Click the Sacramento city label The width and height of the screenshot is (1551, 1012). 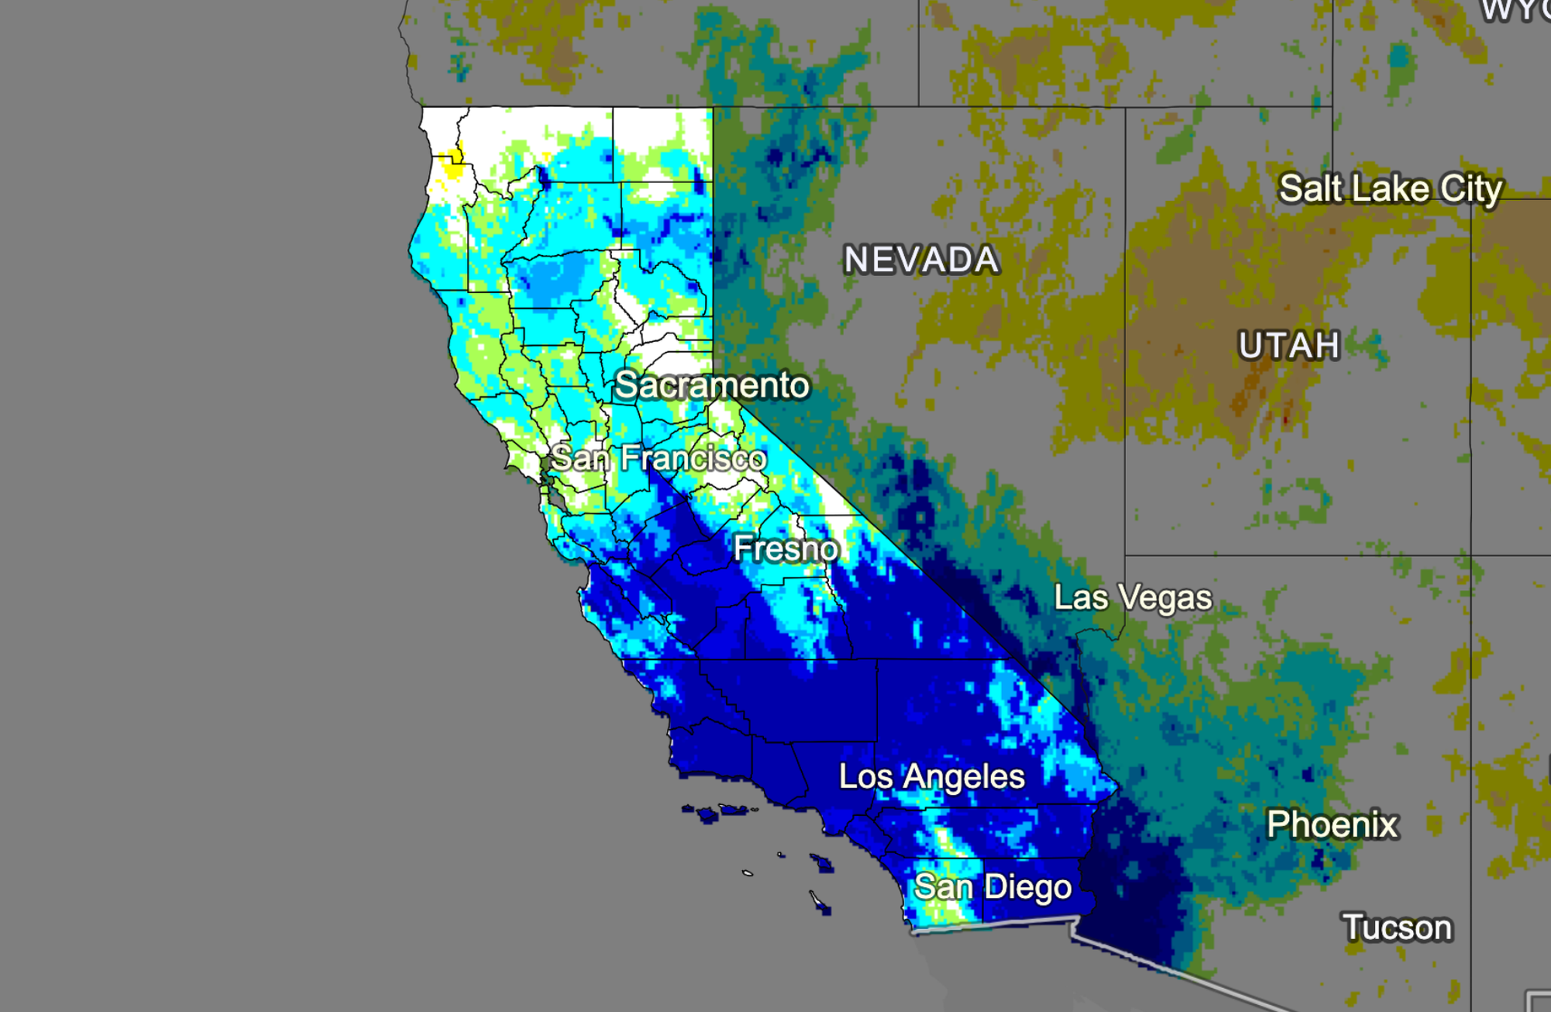[711, 385]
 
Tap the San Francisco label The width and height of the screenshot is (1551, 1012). [658, 458]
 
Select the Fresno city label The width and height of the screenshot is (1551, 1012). [786, 549]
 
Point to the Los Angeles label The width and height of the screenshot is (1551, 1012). [931, 777]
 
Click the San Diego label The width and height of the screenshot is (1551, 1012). [993, 887]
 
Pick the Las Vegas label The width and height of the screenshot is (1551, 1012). [1132, 598]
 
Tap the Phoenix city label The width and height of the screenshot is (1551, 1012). [1332, 824]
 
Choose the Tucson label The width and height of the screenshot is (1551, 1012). [1397, 928]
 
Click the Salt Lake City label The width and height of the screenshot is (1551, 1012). [1390, 189]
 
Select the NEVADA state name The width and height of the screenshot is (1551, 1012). [921, 260]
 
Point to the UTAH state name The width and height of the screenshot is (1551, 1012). [1289, 346]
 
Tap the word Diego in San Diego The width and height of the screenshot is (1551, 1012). [1028, 888]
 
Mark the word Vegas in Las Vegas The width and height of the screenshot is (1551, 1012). [1166, 599]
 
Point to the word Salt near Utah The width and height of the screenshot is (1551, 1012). [1311, 189]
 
